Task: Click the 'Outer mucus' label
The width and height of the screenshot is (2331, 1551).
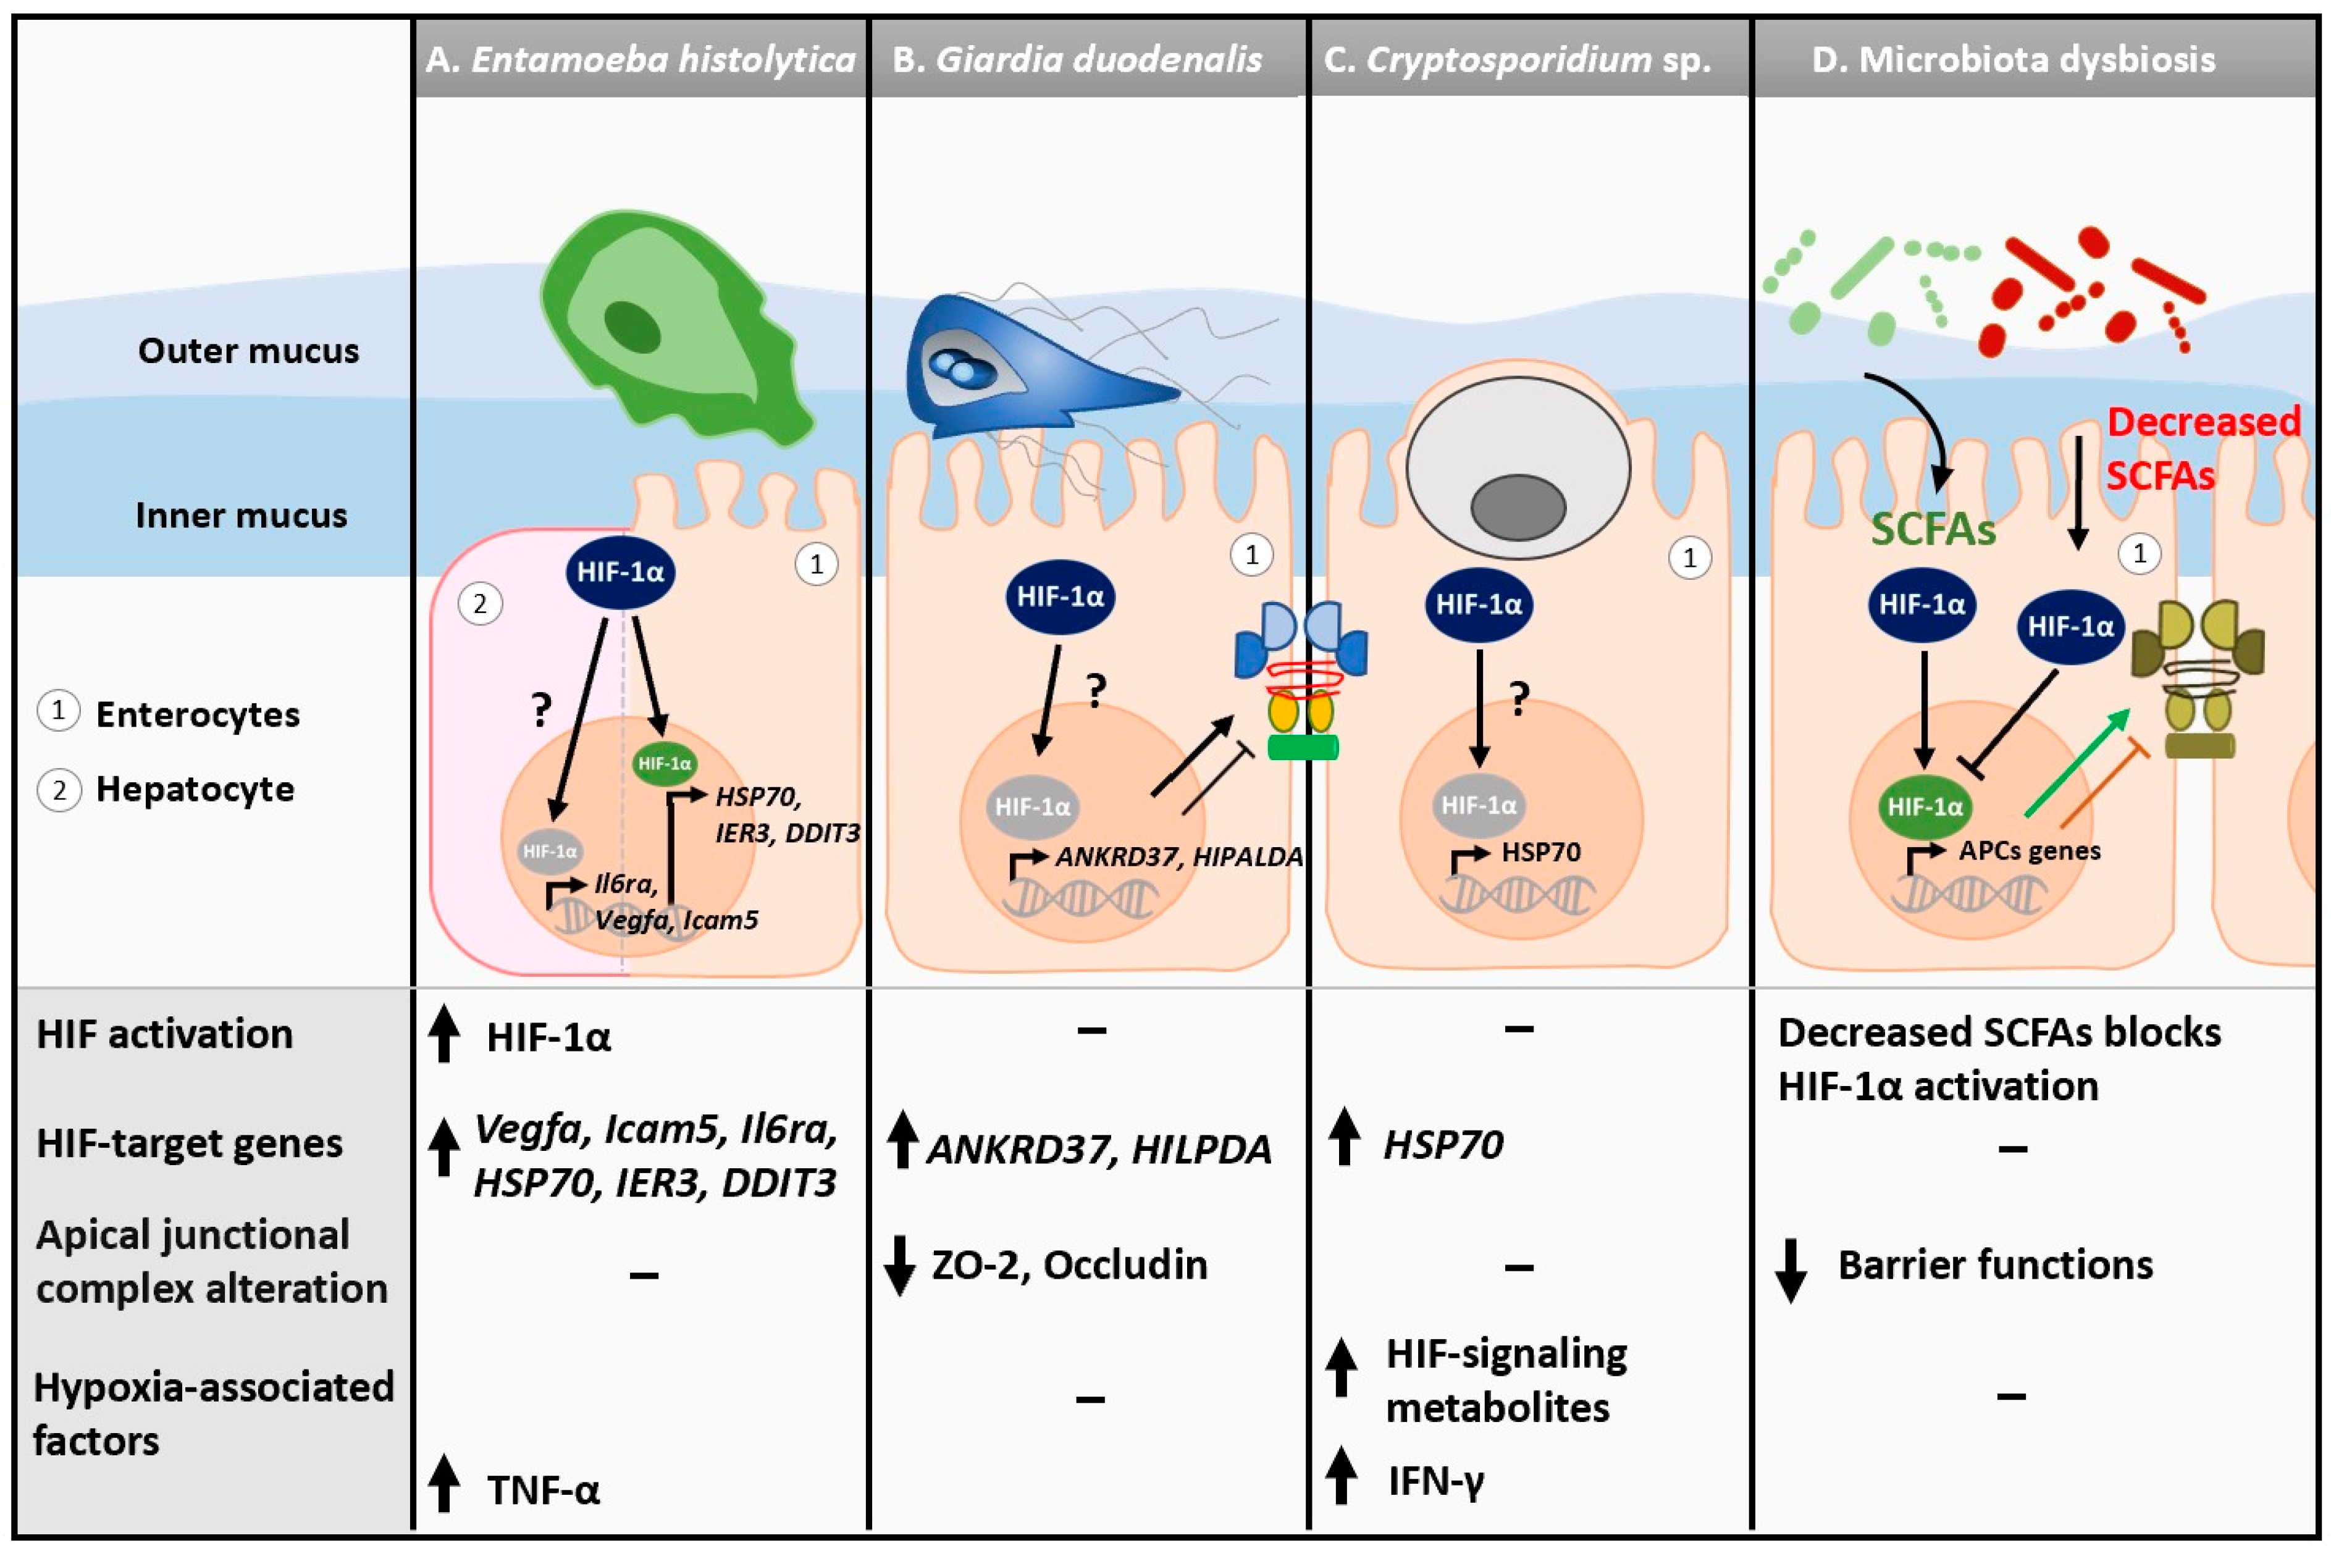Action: [x=247, y=351]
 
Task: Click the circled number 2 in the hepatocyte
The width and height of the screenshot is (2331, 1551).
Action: [x=480, y=603]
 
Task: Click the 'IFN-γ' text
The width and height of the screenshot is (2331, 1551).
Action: [x=1435, y=1481]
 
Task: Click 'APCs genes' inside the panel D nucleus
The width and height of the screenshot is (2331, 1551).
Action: [x=2028, y=851]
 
